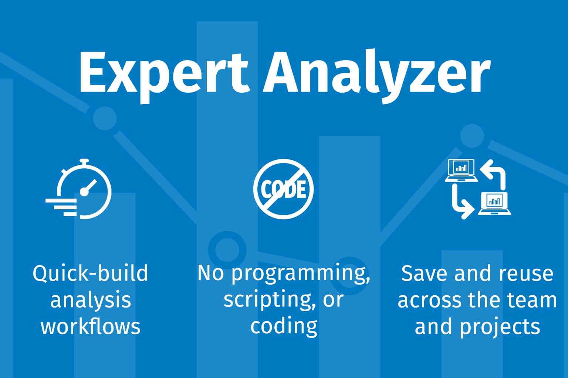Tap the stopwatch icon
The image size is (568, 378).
[x=79, y=189]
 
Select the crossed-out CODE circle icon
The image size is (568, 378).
[x=284, y=189]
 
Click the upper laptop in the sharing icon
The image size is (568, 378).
[x=461, y=171]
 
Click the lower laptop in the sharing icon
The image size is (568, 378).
[x=494, y=203]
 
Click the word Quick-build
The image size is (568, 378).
[x=90, y=274]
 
